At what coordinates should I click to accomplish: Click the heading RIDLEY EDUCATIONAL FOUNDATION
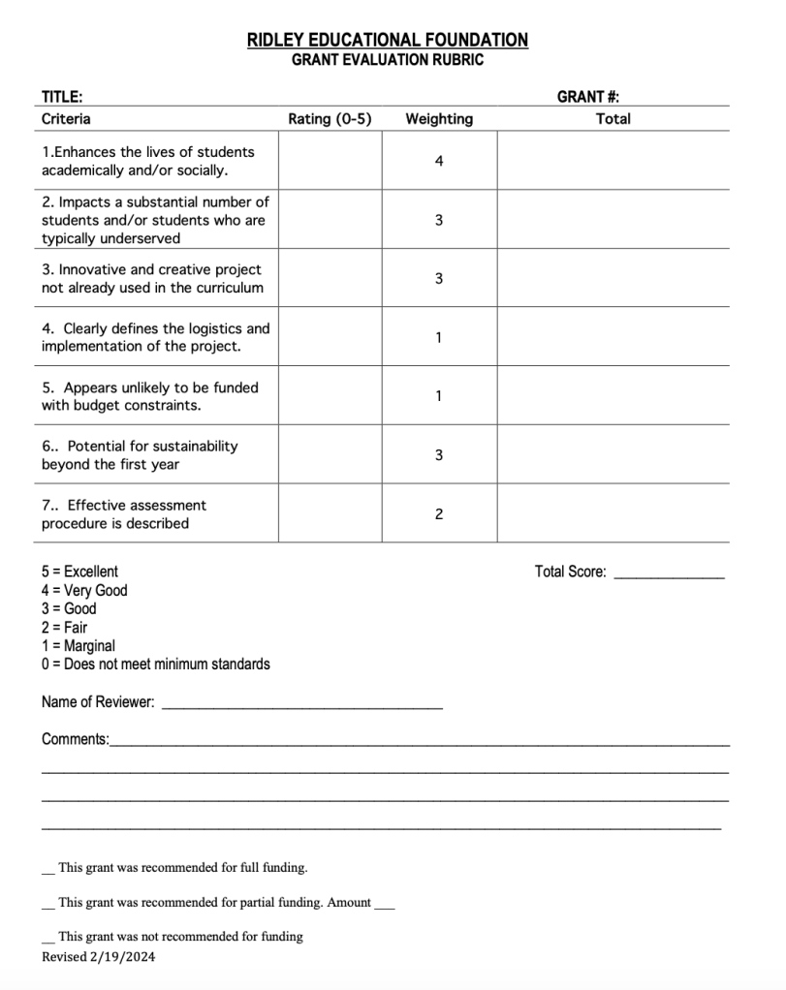coord(388,40)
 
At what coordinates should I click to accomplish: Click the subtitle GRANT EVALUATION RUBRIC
coord(388,60)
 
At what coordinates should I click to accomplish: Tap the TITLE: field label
coord(61,97)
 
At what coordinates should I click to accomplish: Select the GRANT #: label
coord(588,97)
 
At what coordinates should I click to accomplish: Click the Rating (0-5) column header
coord(330,119)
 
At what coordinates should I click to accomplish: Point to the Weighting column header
coord(439,119)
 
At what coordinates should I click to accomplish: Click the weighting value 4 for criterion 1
coord(439,161)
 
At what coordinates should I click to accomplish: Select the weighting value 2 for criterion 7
coord(439,514)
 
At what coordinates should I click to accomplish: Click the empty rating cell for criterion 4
coord(330,337)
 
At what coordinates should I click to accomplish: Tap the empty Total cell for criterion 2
coord(613,220)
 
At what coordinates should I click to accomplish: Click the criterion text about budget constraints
coord(150,396)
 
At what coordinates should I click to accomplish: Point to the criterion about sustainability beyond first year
coord(140,455)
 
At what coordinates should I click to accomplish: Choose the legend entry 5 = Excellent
coord(79,572)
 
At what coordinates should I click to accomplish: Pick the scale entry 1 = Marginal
coord(78,645)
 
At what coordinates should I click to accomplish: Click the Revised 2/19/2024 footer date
coord(98,957)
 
